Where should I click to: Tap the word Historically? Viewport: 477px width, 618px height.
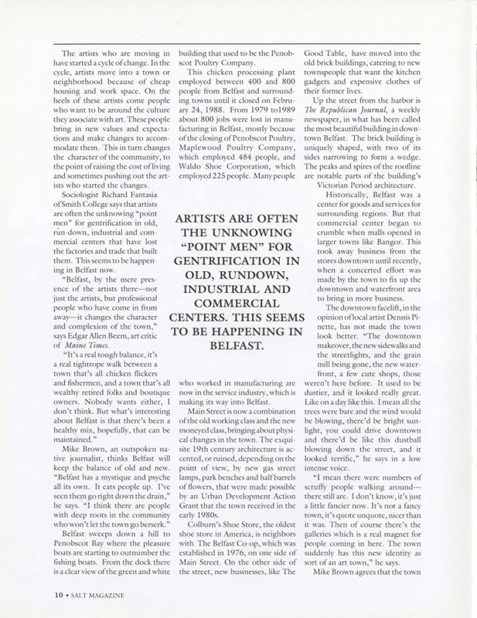(346, 199)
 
